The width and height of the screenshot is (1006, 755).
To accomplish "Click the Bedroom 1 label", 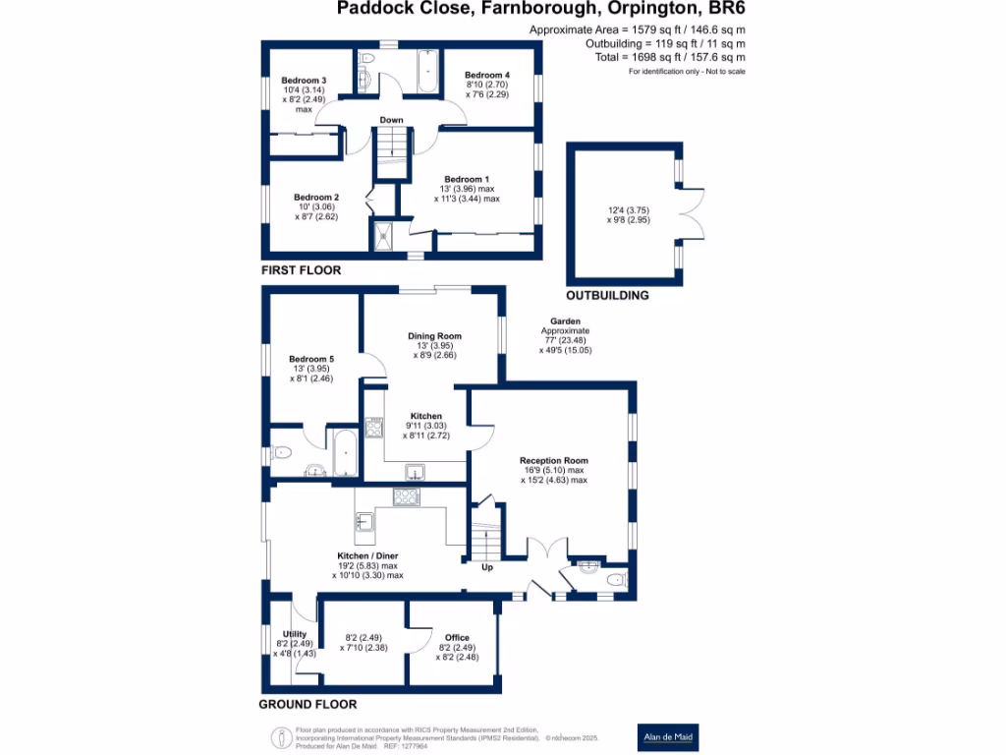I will pos(468,178).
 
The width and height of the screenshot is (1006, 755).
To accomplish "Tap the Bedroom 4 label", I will pos(487,76).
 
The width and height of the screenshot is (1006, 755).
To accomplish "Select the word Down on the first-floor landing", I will pos(392,121).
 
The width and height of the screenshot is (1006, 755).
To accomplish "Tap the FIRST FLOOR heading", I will pos(301,269).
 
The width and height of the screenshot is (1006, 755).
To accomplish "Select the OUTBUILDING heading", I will pos(607,295).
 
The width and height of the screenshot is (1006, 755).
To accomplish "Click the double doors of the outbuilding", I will pos(693,212).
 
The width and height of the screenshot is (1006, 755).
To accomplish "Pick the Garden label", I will pos(565,321).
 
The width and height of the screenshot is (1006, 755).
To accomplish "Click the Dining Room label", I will pos(434,336).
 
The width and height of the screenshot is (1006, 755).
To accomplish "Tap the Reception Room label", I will pos(554,461).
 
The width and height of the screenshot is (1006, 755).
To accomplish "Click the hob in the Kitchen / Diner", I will pos(406,497).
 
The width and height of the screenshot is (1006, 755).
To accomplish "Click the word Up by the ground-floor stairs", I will pos(486,567).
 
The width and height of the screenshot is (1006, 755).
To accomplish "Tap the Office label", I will pos(457,638).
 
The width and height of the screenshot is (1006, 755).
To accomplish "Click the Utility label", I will pos(295,634).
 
